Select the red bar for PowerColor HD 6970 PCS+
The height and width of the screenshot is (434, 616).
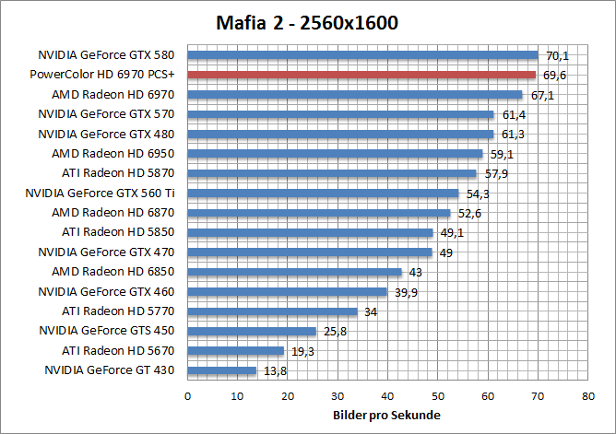pos(361,75)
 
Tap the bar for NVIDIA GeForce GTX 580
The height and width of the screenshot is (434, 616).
pos(362,54)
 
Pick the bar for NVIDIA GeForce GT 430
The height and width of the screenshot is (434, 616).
pos(221,370)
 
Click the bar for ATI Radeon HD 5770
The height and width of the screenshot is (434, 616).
pos(272,311)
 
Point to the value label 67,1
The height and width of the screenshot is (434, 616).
pos(542,95)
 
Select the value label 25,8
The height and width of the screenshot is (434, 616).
pos(336,331)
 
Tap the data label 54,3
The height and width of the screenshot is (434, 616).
pos(479,194)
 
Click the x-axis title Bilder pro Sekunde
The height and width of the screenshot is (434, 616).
pos(387,415)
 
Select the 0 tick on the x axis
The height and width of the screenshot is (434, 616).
pos(188,395)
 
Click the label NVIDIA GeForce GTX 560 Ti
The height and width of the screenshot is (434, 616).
pos(101,193)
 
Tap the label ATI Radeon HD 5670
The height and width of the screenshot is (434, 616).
pos(119,350)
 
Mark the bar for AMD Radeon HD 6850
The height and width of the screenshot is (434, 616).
pos(295,272)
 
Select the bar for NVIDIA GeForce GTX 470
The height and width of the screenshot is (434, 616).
pos(310,252)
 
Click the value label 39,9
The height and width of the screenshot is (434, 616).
pos(406,291)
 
